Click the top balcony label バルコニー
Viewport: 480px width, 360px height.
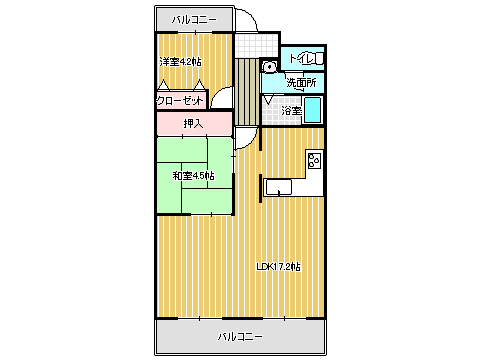[194, 20]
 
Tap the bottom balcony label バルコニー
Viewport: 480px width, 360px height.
[240, 336]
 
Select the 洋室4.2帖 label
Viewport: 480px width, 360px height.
[180, 62]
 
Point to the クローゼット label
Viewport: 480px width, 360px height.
[180, 101]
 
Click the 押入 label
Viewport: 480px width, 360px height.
[193, 124]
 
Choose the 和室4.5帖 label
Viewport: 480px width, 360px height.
[193, 175]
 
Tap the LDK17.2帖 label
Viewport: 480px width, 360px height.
[279, 267]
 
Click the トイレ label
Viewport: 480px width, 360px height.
[302, 59]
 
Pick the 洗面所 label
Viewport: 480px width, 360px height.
[301, 83]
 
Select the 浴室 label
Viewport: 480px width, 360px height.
[291, 110]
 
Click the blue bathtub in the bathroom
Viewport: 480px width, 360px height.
[313, 110]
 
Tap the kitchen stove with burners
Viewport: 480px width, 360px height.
[314, 160]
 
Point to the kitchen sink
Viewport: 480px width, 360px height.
[278, 187]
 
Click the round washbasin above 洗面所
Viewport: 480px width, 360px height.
[269, 67]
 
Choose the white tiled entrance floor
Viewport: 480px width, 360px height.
[256, 45]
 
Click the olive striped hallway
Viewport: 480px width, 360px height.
[247, 92]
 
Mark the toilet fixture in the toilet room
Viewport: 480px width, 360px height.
[319, 58]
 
